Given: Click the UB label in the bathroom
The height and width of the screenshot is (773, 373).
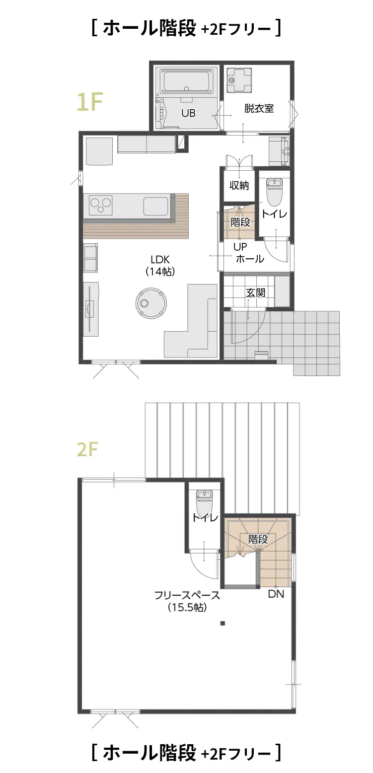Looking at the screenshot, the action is (x=188, y=113).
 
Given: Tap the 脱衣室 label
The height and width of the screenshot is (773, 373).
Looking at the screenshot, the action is (x=259, y=108).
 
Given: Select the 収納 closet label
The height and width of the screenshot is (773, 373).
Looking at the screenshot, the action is (x=239, y=185).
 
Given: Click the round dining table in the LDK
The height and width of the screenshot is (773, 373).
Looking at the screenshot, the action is (x=151, y=303).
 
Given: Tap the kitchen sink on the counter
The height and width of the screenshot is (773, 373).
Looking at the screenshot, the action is (x=156, y=206).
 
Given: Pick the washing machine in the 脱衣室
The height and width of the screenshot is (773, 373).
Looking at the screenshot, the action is (x=239, y=80).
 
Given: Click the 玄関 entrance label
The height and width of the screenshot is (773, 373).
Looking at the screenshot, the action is (x=256, y=293).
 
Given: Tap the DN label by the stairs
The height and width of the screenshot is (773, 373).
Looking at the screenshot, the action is (x=276, y=594).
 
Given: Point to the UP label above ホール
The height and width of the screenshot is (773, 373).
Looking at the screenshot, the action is (x=240, y=247).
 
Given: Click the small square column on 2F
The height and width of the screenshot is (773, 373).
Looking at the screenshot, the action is (x=223, y=623).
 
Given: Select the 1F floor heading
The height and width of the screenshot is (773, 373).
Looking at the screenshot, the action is (x=90, y=102).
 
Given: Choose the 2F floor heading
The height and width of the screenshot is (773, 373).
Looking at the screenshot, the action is (x=87, y=449).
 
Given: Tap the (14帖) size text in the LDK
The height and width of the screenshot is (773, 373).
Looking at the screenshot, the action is (x=160, y=272).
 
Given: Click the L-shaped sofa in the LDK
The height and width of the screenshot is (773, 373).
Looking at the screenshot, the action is (x=191, y=321).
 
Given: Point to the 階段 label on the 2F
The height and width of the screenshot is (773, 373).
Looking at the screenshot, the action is (x=258, y=539).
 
